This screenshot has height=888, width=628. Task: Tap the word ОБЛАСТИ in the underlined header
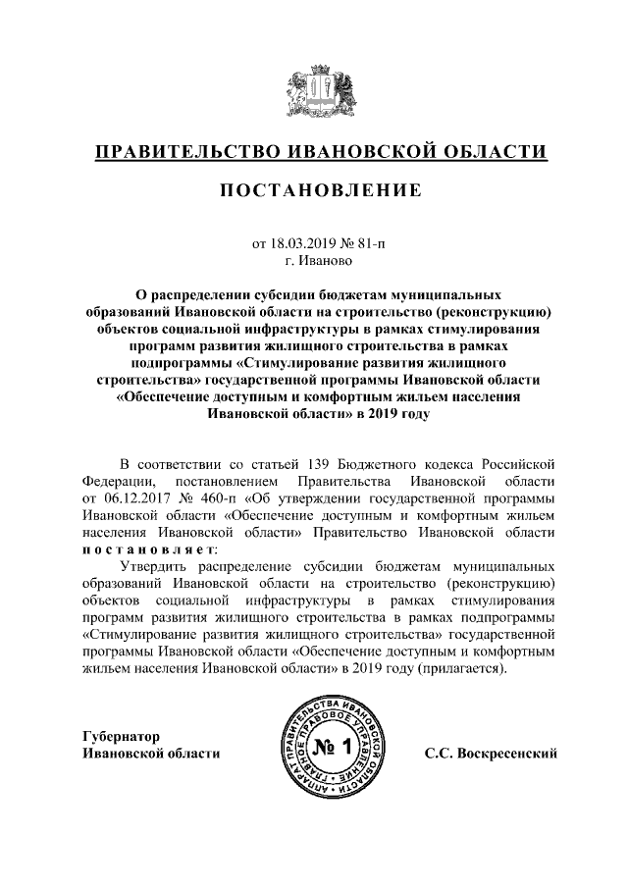(x=491, y=152)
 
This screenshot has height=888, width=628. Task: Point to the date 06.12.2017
(x=136, y=497)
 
